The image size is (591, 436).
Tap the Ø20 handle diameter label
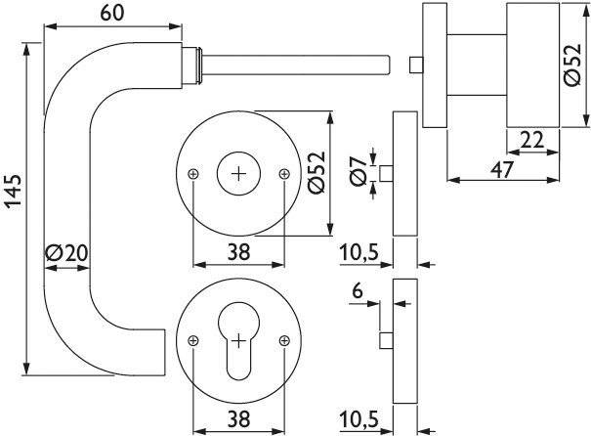(65, 252)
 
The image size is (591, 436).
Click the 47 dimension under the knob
(501, 168)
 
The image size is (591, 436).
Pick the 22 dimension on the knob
(532, 140)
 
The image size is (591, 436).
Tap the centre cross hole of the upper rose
(238, 173)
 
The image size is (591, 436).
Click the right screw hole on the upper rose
(283, 174)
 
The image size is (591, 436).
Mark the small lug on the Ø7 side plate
(386, 175)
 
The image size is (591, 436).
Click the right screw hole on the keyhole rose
(283, 339)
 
